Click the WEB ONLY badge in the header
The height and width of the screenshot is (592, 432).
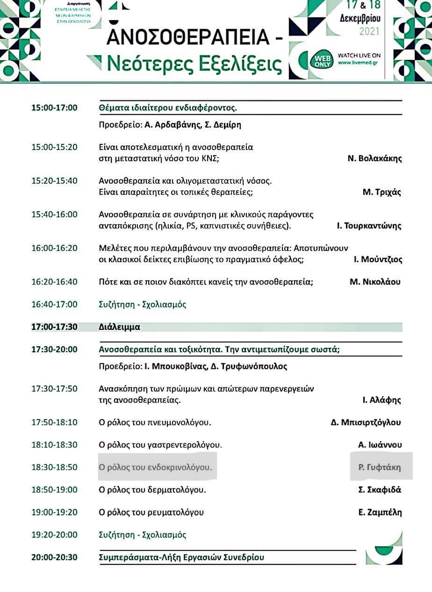click(322, 59)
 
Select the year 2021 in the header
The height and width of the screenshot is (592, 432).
click(369, 32)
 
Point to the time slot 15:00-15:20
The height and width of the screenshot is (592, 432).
click(54, 147)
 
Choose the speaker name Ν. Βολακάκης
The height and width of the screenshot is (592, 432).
click(374, 158)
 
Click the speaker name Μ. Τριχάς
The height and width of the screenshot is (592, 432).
click(382, 192)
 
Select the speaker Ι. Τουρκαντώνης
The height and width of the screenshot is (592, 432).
click(369, 226)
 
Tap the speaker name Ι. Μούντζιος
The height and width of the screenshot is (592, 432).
click(377, 259)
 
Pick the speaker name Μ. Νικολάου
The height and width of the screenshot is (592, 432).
click(375, 282)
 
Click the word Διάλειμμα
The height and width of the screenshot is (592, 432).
click(120, 327)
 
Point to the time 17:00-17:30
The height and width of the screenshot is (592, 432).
click(54, 327)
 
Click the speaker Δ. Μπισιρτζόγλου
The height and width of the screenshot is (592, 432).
click(366, 422)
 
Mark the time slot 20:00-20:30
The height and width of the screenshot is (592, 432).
click(54, 557)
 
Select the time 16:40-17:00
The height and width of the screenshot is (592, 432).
click(54, 304)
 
